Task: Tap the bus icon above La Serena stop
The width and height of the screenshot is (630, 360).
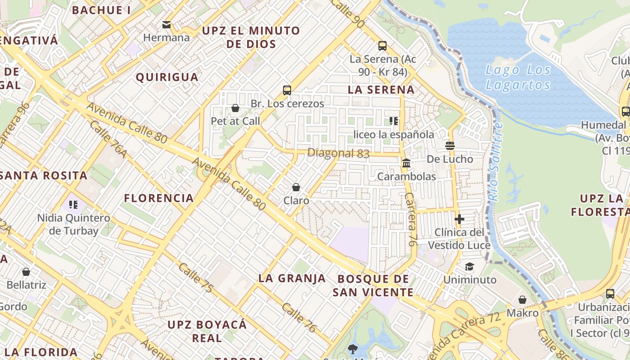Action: (382, 45)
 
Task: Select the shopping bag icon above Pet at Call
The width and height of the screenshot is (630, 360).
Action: (235, 108)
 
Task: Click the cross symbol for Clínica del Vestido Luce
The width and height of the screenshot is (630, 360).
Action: (459, 219)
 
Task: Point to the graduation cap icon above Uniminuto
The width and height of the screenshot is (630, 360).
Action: (470, 267)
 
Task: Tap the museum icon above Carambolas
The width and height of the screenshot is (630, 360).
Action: (406, 163)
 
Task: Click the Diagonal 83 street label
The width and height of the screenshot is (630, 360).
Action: (338, 153)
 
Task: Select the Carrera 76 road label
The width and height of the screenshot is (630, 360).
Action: (410, 220)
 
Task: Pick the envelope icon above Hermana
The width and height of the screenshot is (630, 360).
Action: (166, 25)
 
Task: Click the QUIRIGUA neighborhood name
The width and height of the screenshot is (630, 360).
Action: (167, 77)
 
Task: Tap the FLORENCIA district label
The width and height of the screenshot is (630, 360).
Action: (159, 198)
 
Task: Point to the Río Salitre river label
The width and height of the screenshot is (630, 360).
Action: (495, 162)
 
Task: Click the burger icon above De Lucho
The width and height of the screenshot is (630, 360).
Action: (450, 146)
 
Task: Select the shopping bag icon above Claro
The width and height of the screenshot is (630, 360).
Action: (296, 187)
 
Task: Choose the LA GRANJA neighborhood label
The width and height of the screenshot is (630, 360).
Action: (292, 279)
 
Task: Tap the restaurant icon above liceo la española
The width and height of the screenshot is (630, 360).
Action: (394, 121)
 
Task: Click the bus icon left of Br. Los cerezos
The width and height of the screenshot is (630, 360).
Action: (287, 90)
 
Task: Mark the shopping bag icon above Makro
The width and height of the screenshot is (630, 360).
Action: (522, 300)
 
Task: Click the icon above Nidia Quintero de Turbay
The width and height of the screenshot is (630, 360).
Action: (73, 205)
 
